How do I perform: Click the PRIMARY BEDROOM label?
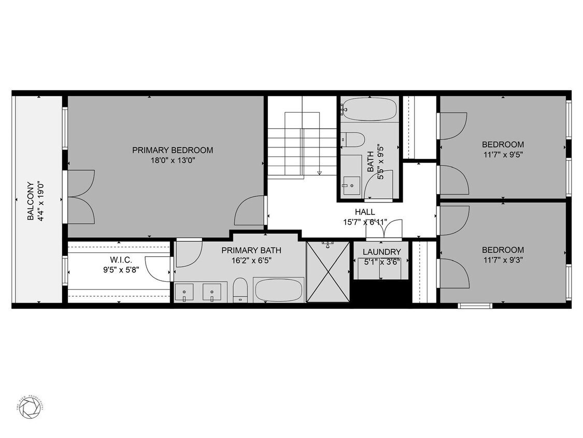tap(172, 150)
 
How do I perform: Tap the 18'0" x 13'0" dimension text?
tap(172, 161)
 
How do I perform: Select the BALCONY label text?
tap(31, 200)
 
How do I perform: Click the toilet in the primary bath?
tap(240, 290)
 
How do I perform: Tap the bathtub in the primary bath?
tap(277, 290)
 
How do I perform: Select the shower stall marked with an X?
tap(328, 271)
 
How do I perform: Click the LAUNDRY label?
tap(381, 252)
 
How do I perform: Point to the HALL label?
tap(364, 212)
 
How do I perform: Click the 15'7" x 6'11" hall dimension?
tap(364, 223)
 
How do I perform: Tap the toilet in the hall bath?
tap(354, 140)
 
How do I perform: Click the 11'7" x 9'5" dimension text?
tap(503, 154)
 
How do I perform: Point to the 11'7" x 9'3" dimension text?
tap(503, 260)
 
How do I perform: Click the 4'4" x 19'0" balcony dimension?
tap(41, 200)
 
